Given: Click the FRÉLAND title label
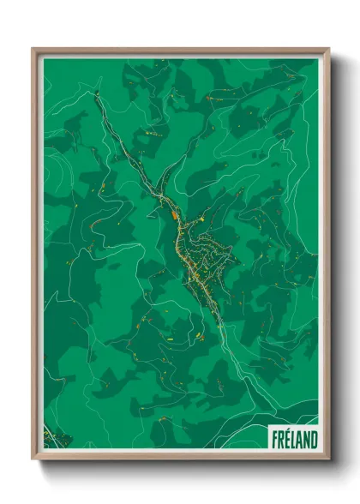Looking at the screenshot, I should point(293,439).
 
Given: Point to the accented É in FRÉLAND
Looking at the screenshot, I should point(286,439).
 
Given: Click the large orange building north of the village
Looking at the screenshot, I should point(177,216).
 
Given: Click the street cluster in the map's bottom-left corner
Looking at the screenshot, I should point(52,436).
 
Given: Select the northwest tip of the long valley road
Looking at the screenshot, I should point(95,93).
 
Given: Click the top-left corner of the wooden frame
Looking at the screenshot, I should point(33,49).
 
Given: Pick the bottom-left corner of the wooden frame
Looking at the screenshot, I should point(33,458).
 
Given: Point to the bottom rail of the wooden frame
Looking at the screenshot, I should point(180,456).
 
